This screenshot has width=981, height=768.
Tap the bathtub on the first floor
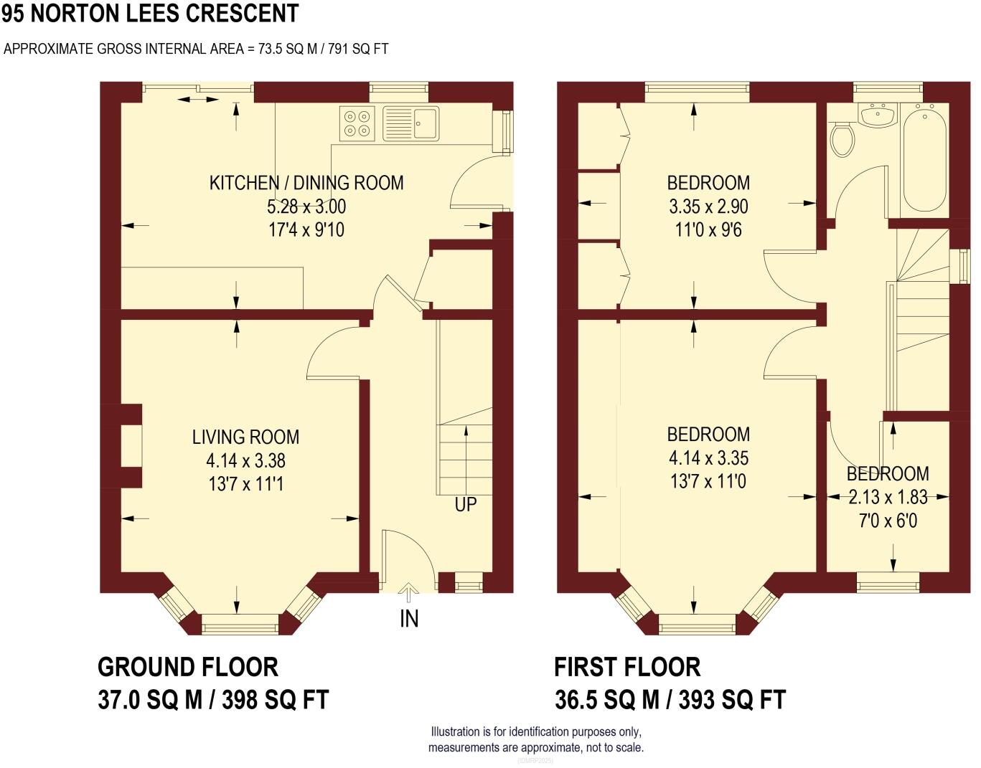point(924,157)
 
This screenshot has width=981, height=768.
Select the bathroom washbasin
point(878,115)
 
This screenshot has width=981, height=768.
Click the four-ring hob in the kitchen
point(357,123)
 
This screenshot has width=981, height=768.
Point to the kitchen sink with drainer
point(410,123)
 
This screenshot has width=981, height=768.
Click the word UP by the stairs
point(466,505)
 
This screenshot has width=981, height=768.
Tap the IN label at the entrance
point(409,619)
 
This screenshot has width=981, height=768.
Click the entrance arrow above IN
point(408,592)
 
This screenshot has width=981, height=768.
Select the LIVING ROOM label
point(245,437)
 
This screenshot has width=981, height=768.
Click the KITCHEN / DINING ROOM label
point(306,183)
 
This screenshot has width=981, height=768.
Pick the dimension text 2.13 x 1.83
point(888,497)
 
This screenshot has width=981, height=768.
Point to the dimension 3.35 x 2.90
point(708,207)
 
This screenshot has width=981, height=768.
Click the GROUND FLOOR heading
point(188,668)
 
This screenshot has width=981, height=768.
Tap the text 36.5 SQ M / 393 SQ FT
point(670,700)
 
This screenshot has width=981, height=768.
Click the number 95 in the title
point(13,13)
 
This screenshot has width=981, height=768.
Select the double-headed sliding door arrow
point(198,99)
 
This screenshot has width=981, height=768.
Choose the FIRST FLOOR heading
point(627,668)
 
